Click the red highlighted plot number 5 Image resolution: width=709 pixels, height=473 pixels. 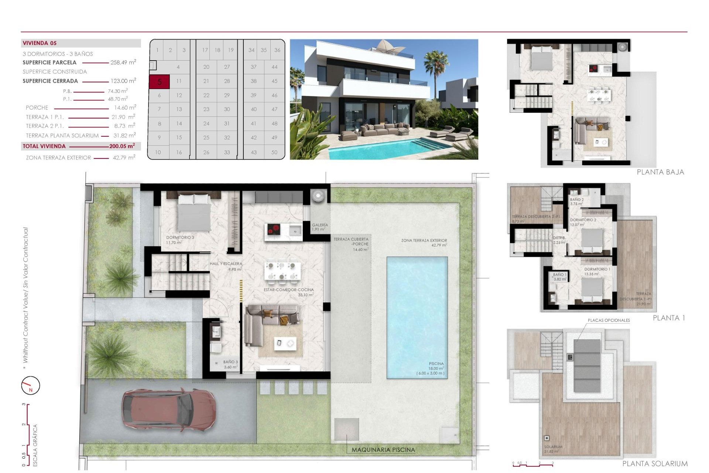pyautogui.click(x=159, y=82)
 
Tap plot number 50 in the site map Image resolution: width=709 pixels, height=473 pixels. pyautogui.click(x=274, y=152)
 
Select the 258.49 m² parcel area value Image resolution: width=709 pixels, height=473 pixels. pyautogui.click(x=123, y=62)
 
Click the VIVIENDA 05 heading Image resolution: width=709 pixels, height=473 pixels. pyautogui.click(x=40, y=43)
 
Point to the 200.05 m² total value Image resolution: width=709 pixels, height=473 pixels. pyautogui.click(x=122, y=146)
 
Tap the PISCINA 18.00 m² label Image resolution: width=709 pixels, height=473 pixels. pyautogui.click(x=436, y=366)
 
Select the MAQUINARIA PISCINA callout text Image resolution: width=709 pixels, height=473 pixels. pyautogui.click(x=383, y=450)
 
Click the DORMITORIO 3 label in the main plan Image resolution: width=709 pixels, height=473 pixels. pyautogui.click(x=180, y=238)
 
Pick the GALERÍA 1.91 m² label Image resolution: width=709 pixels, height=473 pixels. pyautogui.click(x=320, y=227)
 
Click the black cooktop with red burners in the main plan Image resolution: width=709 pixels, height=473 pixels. pyautogui.click(x=274, y=230)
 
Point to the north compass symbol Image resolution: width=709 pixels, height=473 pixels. pyautogui.click(x=30, y=385)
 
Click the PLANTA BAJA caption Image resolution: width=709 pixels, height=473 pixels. pyautogui.click(x=660, y=172)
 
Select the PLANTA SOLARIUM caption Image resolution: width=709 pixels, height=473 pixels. pyautogui.click(x=655, y=463)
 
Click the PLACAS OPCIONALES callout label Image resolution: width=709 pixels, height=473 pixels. pyautogui.click(x=609, y=320)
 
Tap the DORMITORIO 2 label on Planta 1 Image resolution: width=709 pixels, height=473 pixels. pyautogui.click(x=583, y=220)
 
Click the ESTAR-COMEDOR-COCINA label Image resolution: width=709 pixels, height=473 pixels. pyautogui.click(x=289, y=290)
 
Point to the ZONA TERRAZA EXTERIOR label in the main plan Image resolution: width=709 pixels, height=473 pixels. pyautogui.click(x=424, y=241)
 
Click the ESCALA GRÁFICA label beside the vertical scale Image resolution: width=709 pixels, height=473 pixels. pyautogui.click(x=35, y=445)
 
